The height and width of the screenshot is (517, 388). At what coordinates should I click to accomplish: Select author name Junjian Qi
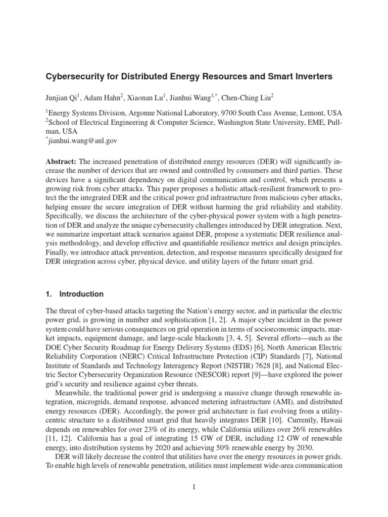coord(64,97)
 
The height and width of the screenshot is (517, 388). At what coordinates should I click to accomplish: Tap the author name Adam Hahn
coord(108,97)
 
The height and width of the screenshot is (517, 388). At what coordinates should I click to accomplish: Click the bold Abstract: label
coord(61,161)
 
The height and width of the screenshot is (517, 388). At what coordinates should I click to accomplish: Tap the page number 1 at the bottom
coord(194,486)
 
